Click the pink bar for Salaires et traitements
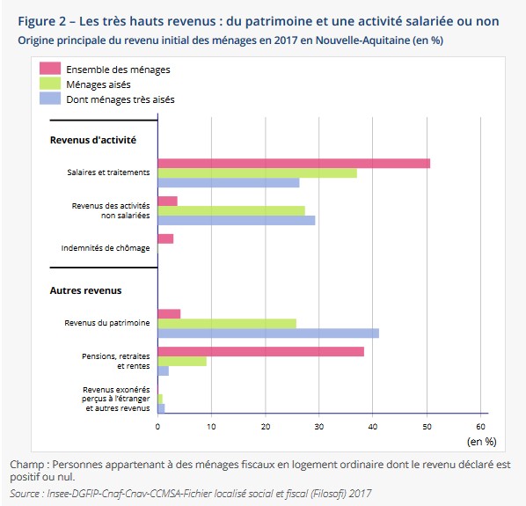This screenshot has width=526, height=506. pyautogui.click(x=294, y=164)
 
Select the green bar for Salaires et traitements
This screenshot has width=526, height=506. pyautogui.click(x=258, y=173)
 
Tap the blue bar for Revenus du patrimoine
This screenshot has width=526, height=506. pyautogui.click(x=268, y=334)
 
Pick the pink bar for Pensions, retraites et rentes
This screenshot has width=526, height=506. pyautogui.click(x=261, y=352)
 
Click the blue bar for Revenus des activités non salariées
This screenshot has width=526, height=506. pyautogui.click(x=237, y=221)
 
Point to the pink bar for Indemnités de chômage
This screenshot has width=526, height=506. pyautogui.click(x=165, y=238)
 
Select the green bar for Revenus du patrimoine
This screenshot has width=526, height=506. pyautogui.click(x=227, y=324)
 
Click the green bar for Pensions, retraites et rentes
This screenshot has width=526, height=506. pyautogui.click(x=182, y=362)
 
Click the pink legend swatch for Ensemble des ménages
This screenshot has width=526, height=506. pyautogui.click(x=50, y=69)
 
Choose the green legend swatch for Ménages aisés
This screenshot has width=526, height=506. pyautogui.click(x=50, y=84)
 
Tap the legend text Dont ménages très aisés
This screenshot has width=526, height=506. pyautogui.click(x=121, y=99)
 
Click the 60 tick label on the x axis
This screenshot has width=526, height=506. pyautogui.click(x=481, y=427)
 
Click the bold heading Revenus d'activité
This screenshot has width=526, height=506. pyautogui.click(x=93, y=140)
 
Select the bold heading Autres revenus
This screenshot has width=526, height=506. pyautogui.click(x=85, y=290)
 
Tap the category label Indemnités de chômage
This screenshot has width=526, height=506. pyautogui.click(x=106, y=248)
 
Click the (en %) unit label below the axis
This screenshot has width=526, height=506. pyautogui.click(x=482, y=442)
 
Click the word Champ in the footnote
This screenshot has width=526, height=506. pyautogui.click(x=27, y=466)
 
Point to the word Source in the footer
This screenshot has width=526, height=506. pyautogui.click(x=25, y=494)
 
